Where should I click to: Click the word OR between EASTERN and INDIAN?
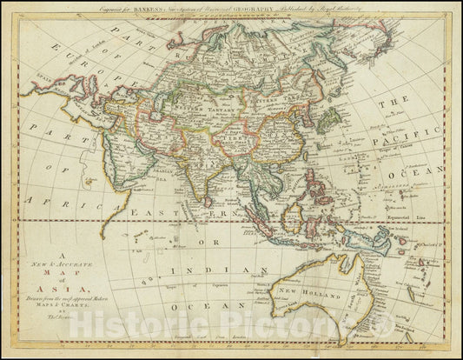[202, 241]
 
